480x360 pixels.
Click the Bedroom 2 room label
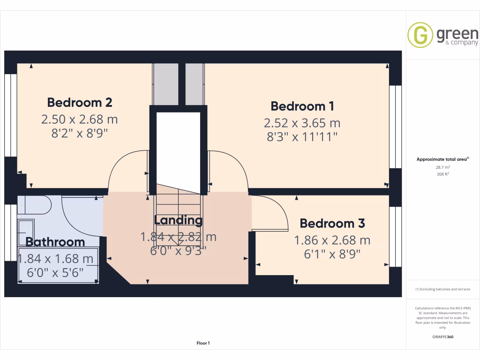coord(79,102)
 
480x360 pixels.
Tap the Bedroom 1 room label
coord(302,106)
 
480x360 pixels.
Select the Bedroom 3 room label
coord(332,223)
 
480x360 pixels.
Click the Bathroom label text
coord(55,242)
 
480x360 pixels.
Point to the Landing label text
coord(178,220)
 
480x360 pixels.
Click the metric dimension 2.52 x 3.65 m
coord(302,123)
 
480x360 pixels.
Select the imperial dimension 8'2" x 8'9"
coord(79,133)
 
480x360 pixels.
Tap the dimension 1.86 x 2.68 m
coord(332,240)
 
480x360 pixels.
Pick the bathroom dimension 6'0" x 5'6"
coord(55,271)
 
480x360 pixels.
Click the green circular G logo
coord(420,35)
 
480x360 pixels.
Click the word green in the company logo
coord(457,34)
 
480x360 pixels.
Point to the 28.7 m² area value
coord(443,167)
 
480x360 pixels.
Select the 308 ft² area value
coord(443,174)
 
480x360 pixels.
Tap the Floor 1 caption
coord(203,343)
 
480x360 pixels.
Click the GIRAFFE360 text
coord(443,337)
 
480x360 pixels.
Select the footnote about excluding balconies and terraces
coord(443,289)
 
